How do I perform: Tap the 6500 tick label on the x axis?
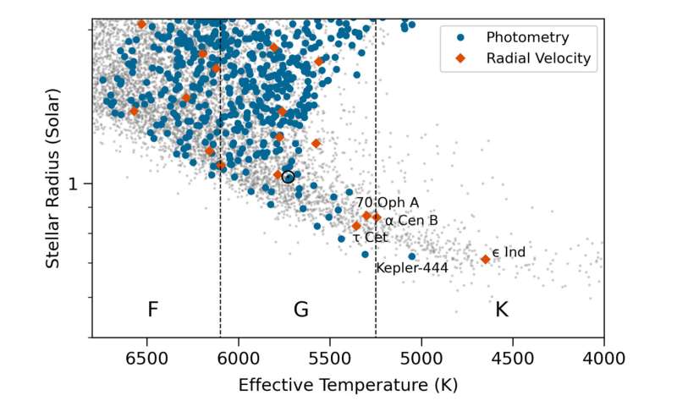147,357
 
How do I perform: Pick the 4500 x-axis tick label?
513,357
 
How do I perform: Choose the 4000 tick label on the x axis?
603,357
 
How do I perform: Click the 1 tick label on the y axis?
74,184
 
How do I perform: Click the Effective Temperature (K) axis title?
348,385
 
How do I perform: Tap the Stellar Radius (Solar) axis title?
52,179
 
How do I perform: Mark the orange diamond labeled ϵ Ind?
485,259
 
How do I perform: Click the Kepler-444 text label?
412,269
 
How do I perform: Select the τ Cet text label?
370,238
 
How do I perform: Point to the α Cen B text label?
411,221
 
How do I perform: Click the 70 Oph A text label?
387,203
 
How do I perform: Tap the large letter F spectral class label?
152,310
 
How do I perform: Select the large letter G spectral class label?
300,310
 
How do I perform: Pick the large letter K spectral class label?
501,310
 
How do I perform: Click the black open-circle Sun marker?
288,177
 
